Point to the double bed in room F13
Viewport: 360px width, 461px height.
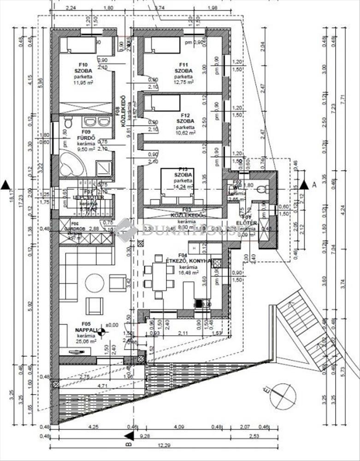coord(177,186)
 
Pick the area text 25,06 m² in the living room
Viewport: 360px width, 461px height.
coord(87,341)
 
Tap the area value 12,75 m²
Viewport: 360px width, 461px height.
coord(183,82)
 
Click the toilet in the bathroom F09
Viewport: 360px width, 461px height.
coord(68,122)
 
